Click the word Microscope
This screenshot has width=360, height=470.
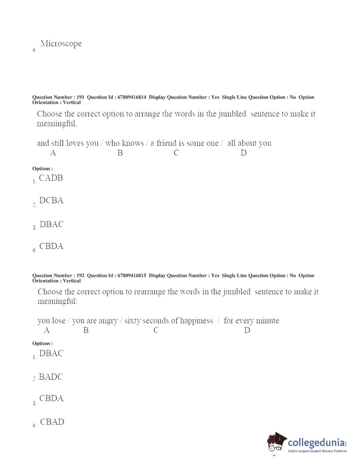click(x=61, y=44)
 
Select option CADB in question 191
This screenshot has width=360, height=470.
click(x=51, y=178)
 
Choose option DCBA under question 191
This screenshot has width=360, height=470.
click(x=51, y=201)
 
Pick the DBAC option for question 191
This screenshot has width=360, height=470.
click(x=51, y=224)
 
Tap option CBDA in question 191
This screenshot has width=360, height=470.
click(x=51, y=246)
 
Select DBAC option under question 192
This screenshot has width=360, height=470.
click(x=51, y=353)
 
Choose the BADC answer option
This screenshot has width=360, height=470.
click(x=51, y=377)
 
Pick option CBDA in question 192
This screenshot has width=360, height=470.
click(x=51, y=398)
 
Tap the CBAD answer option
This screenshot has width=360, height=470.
click(x=52, y=422)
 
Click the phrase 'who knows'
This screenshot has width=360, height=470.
click(x=124, y=143)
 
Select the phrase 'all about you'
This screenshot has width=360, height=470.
click(x=249, y=143)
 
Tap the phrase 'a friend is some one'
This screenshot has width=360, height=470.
click(x=185, y=143)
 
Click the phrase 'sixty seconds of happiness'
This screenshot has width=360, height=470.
click(x=169, y=321)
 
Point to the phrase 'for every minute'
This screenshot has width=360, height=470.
click(x=251, y=321)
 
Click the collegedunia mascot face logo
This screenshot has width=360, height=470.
click(x=276, y=443)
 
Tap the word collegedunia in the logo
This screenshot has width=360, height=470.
click(x=316, y=442)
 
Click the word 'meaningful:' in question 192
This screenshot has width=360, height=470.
click(x=57, y=301)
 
